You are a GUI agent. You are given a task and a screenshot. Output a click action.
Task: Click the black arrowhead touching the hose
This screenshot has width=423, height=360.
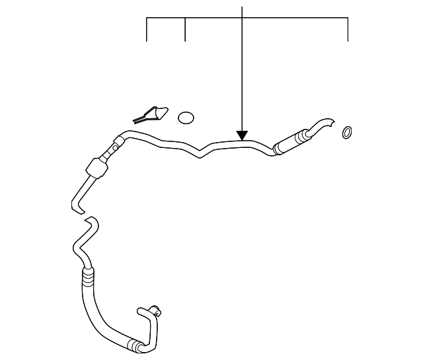[243, 135]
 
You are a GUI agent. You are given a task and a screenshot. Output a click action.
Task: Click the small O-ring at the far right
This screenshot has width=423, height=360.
[346, 133]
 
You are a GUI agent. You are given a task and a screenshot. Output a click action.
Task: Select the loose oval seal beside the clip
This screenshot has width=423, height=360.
[186, 118]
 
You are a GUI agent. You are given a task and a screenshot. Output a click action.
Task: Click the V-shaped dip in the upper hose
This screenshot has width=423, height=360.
[202, 153]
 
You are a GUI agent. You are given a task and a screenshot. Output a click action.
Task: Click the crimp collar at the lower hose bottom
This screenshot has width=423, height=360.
[137, 345]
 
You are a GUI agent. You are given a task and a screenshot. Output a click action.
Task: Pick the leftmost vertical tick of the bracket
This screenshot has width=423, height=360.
[147, 29]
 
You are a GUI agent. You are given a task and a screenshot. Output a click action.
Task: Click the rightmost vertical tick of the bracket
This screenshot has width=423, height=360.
[348, 29]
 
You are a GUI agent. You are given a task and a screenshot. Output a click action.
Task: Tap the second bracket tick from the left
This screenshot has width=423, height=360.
[185, 29]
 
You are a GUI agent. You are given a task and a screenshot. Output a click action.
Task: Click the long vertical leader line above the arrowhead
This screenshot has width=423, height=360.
[243, 66]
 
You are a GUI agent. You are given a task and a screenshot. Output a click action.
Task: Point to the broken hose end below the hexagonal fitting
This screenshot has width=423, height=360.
[77, 203]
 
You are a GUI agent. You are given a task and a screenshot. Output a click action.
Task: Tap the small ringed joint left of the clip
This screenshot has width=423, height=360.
[118, 142]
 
